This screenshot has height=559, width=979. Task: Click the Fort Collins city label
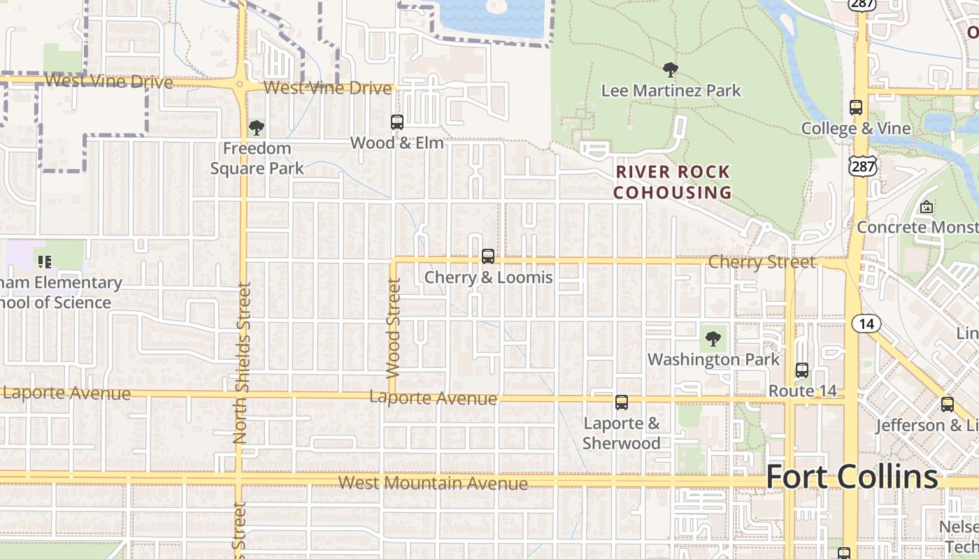852,477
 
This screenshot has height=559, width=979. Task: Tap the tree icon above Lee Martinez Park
670,70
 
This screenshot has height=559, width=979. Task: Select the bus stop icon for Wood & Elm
397,122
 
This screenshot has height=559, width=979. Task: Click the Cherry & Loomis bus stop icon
488,256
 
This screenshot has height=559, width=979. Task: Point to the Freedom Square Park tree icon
257,128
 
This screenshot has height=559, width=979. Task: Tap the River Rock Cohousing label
672,182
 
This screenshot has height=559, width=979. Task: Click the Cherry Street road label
762,262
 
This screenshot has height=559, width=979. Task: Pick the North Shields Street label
241,363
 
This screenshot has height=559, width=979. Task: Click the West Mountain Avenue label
433,483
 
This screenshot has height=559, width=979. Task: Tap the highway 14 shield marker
866,324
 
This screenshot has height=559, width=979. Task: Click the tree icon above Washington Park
713,340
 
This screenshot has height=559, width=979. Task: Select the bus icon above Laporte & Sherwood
621,402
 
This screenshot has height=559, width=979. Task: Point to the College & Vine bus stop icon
856,108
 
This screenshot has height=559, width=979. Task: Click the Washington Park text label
713,360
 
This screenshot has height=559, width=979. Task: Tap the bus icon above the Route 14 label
802,370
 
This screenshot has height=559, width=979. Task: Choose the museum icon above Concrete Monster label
927,207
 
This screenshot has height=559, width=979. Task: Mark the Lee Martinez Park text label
671,91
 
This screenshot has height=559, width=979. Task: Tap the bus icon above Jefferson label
948,404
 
